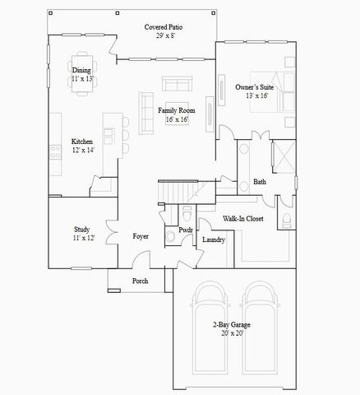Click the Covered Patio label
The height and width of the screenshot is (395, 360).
164,26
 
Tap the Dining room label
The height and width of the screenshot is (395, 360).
81,71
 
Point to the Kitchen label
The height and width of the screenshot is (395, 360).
82,141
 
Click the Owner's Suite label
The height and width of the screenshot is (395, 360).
254,86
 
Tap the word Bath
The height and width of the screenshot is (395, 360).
260,182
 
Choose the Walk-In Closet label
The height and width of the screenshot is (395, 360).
243,219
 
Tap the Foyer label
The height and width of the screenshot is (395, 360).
141,237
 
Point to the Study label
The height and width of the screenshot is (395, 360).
81,230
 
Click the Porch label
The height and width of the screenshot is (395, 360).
141,280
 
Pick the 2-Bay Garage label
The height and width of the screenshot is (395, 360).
229,325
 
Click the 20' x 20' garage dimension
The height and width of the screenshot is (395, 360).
229,334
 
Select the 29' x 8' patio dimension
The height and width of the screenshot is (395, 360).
164,35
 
